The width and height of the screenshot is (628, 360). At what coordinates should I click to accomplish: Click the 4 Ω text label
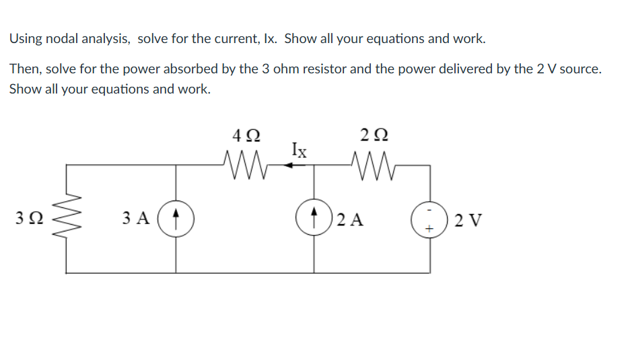pos(243,135)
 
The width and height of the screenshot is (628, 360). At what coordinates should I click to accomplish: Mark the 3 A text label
pos(136,219)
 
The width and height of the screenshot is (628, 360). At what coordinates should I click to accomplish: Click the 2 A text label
pos(351,219)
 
